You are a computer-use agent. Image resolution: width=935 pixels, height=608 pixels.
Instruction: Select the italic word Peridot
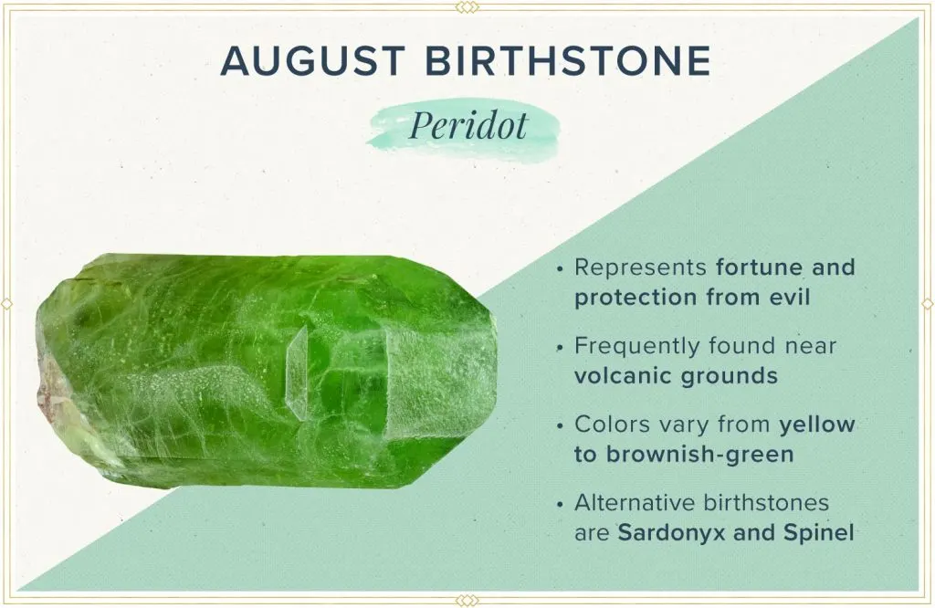[467, 126]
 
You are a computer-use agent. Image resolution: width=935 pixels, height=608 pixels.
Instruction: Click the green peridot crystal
[265, 370]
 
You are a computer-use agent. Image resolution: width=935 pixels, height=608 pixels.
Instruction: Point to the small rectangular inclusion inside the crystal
[297, 374]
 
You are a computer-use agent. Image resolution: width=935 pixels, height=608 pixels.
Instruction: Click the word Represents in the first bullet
[641, 268]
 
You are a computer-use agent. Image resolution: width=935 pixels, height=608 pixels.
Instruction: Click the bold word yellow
[817, 425]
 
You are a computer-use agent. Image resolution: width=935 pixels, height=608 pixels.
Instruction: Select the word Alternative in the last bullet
[635, 504]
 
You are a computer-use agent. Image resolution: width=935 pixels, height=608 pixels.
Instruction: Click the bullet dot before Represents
[559, 269]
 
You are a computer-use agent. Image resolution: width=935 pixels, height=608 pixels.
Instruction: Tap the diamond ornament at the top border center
[467, 7]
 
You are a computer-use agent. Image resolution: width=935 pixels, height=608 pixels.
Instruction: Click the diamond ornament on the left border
[7, 303]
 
